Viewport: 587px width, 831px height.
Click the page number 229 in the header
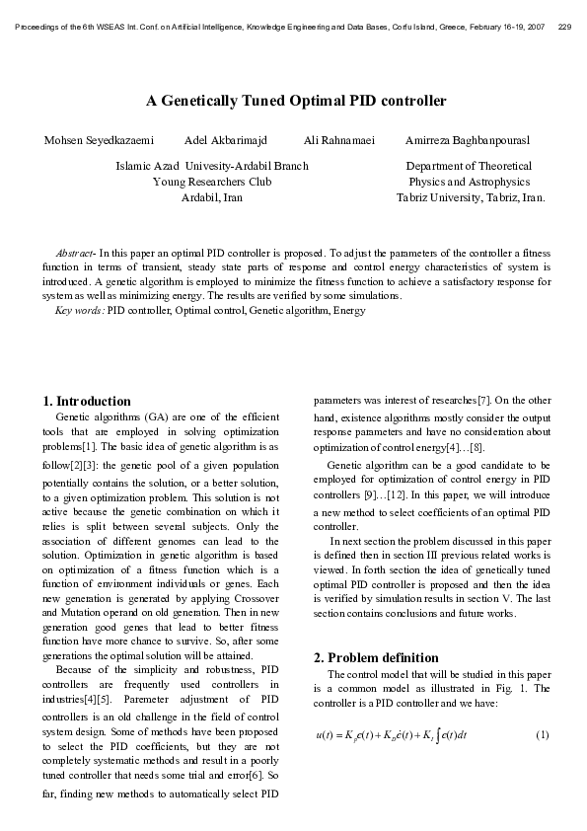564,28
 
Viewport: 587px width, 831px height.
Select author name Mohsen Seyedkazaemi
99,141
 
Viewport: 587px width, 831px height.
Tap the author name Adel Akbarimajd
226,141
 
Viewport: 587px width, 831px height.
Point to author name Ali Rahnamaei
339,141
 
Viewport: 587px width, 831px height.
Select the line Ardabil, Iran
212,197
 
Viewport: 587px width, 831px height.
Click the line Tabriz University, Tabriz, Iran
471,197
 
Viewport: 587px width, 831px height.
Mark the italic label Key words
79,310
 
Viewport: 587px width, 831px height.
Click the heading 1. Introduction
87,402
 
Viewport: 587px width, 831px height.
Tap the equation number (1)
542,735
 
